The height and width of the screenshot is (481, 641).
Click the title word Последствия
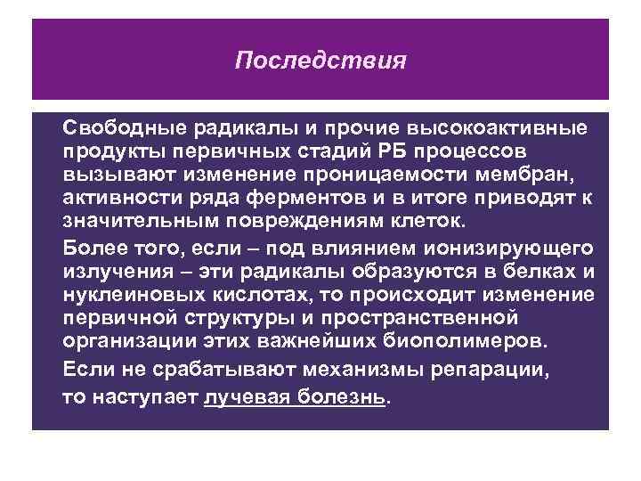(x=320, y=61)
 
